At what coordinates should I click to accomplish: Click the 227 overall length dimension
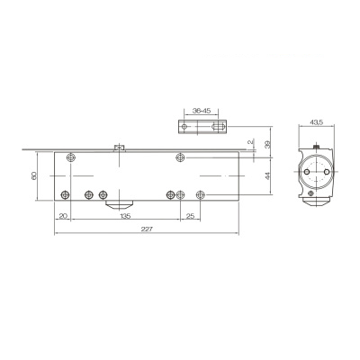[x=147, y=229]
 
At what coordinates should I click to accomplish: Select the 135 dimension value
[x=125, y=216]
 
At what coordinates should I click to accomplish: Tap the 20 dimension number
[x=63, y=216]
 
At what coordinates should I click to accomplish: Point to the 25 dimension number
[x=191, y=216]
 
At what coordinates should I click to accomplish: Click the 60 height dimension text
[x=34, y=175]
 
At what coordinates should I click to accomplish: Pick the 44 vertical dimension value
[x=268, y=175]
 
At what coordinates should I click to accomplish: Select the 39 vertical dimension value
[x=268, y=144]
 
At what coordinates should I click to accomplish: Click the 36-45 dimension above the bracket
[x=202, y=111]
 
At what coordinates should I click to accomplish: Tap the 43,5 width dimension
[x=316, y=122]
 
